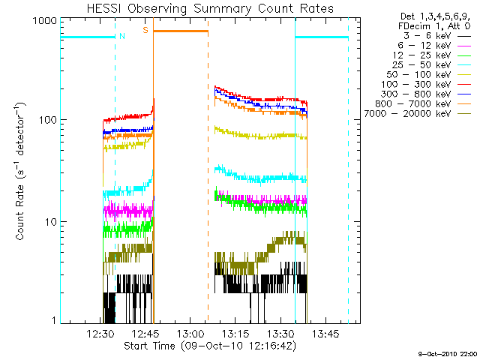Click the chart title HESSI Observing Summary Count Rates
pyautogui.click(x=210, y=8)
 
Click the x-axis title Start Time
pyautogui.click(x=210, y=346)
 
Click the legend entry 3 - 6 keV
pyautogui.click(x=424, y=35)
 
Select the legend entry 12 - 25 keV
pyautogui.click(x=421, y=55)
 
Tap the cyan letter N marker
pyautogui.click(x=122, y=34)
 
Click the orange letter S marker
pyautogui.click(x=145, y=30)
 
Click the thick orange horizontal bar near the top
pyautogui.click(x=180, y=31)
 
